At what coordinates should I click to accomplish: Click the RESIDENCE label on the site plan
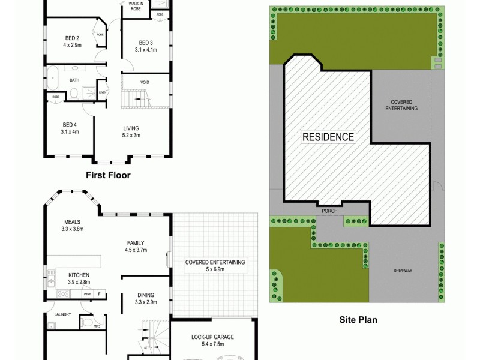pos(328,136)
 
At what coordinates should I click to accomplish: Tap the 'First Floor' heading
pos(109,175)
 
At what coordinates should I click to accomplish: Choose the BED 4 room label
pos(70,128)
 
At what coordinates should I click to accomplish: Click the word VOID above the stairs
pos(145,82)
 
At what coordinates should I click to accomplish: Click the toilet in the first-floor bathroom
pos(73,94)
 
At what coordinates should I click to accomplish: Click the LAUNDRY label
pos(62,314)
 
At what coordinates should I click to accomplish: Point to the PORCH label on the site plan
pos(329,210)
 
